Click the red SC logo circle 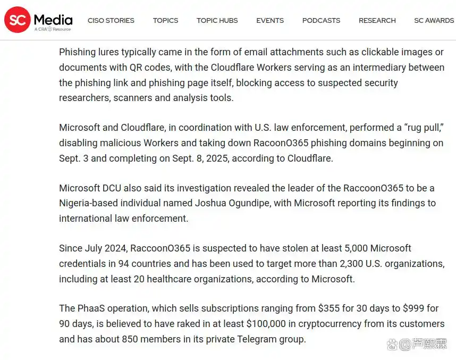[x=17, y=20]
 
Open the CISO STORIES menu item [x=111, y=21]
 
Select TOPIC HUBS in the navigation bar [x=217, y=21]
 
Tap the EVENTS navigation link [x=270, y=21]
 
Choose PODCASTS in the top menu [x=321, y=21]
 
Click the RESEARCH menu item [x=377, y=21]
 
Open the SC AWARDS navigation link [x=434, y=21]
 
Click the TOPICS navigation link [x=165, y=21]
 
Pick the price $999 [x=411, y=308]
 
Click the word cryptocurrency [x=332, y=324]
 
